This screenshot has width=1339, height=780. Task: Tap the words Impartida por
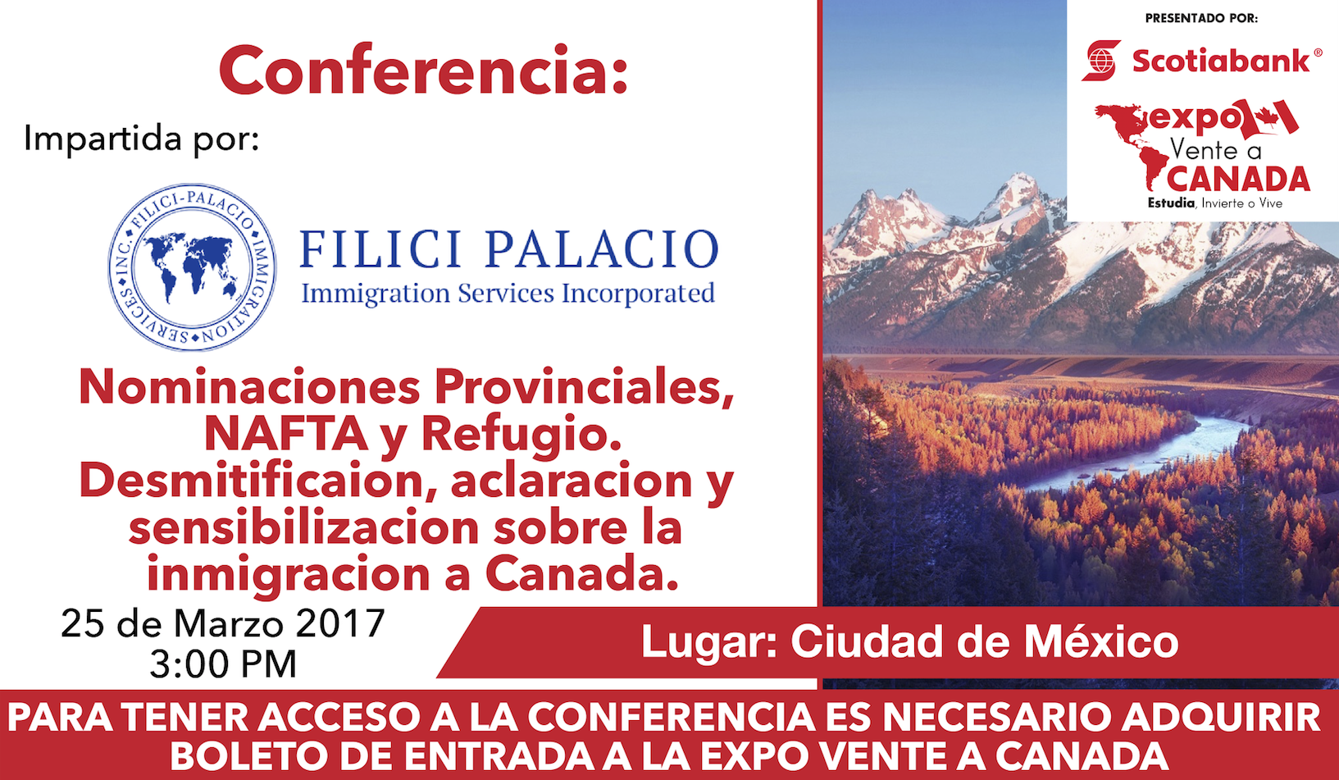141,139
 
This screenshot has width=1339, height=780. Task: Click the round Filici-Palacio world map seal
192,267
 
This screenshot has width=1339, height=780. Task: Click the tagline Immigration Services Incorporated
508,294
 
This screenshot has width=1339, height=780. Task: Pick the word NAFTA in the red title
285,434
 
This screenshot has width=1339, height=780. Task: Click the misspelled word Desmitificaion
252,481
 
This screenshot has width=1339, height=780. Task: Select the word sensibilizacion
303,527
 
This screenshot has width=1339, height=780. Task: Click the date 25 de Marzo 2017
223,623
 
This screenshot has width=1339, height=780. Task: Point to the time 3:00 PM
223,664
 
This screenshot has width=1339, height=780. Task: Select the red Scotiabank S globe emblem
1102,60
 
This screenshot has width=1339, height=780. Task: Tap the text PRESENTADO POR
1201,19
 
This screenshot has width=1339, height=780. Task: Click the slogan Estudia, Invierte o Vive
1215,203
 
